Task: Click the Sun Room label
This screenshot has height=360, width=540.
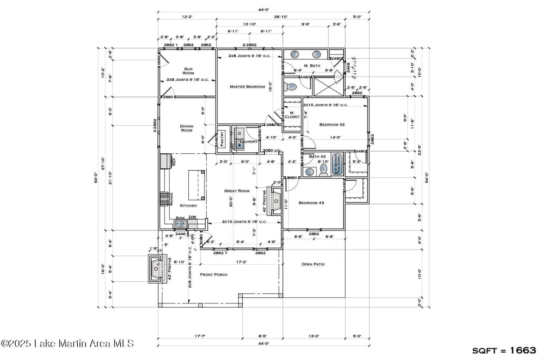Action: (188, 71)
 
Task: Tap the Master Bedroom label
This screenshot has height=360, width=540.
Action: (247, 87)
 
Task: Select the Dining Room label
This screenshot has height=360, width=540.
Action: (186, 128)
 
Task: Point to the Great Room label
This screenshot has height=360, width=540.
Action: (237, 191)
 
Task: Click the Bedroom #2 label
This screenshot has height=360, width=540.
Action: (332, 125)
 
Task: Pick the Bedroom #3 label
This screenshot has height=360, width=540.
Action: (311, 203)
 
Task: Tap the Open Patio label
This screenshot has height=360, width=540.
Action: (313, 264)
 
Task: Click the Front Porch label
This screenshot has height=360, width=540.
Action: (214, 275)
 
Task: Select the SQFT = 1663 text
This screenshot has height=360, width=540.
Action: (504, 350)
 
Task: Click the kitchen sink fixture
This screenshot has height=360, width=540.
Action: (181, 224)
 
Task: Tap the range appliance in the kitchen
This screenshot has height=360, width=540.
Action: (165, 199)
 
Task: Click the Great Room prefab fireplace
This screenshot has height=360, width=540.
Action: (275, 201)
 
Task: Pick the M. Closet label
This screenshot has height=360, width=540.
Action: (292, 115)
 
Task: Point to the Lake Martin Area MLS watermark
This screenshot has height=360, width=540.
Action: (67, 343)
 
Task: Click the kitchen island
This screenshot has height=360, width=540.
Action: (197, 185)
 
